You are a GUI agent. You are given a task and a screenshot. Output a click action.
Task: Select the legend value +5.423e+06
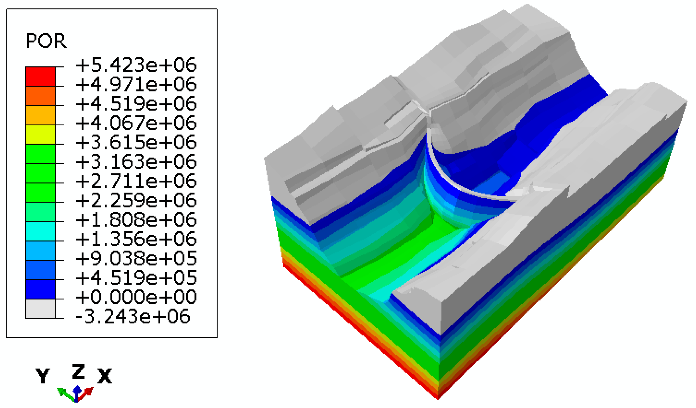(136, 65)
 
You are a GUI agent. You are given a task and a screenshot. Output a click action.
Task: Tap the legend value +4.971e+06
(136, 84)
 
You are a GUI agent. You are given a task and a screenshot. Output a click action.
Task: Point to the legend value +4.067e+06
(136, 123)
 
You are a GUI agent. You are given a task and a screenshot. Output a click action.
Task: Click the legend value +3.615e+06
(136, 142)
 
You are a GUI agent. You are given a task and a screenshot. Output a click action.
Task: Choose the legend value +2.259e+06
(136, 200)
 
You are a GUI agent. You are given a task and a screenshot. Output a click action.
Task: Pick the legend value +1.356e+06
(136, 239)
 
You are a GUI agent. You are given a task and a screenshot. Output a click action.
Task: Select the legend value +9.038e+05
(136, 258)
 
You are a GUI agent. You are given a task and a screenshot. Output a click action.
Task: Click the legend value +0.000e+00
(136, 297)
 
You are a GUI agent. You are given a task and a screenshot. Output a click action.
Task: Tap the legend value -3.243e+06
(133, 317)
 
